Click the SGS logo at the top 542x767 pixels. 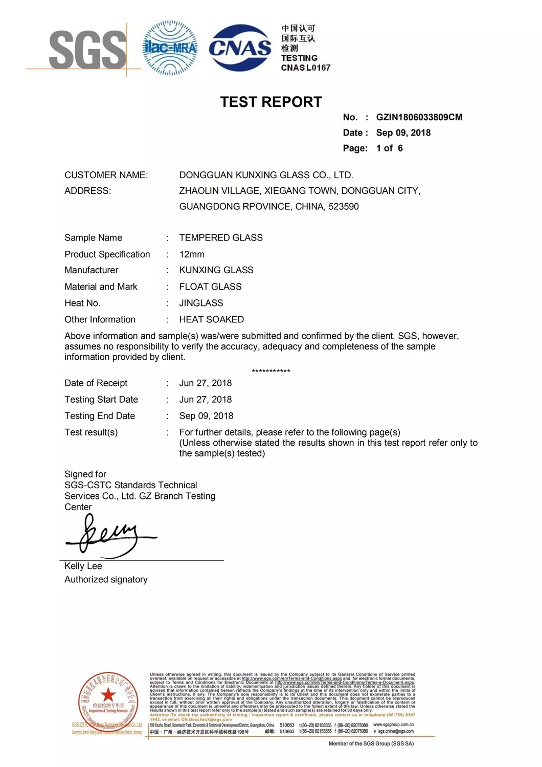(x=87, y=50)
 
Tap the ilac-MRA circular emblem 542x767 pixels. (x=170, y=49)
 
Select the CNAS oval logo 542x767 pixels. (x=240, y=48)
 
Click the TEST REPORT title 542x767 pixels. (x=271, y=102)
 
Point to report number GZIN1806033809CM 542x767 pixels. (x=419, y=117)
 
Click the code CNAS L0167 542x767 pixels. (x=306, y=68)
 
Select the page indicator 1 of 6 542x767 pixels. (x=389, y=148)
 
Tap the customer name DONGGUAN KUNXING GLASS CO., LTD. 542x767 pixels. (x=266, y=175)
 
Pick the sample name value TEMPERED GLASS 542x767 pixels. (x=221, y=238)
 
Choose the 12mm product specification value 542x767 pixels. (x=192, y=254)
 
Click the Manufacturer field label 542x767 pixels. (x=92, y=270)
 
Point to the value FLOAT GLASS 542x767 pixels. (x=210, y=287)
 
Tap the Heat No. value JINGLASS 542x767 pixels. (x=201, y=303)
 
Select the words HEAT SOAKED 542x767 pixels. (x=211, y=319)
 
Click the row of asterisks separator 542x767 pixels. (x=271, y=371)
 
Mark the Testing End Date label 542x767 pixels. (x=100, y=416)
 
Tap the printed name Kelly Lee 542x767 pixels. (x=83, y=566)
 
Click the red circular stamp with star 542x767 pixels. (x=108, y=700)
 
